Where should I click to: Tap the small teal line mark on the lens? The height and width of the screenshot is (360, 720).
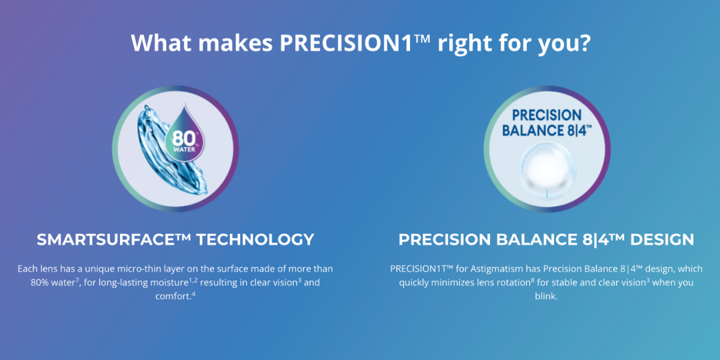[x=547, y=193]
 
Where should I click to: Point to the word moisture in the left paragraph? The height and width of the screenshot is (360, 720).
[x=167, y=283]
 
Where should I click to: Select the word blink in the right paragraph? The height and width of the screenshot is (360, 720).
[x=545, y=296]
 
